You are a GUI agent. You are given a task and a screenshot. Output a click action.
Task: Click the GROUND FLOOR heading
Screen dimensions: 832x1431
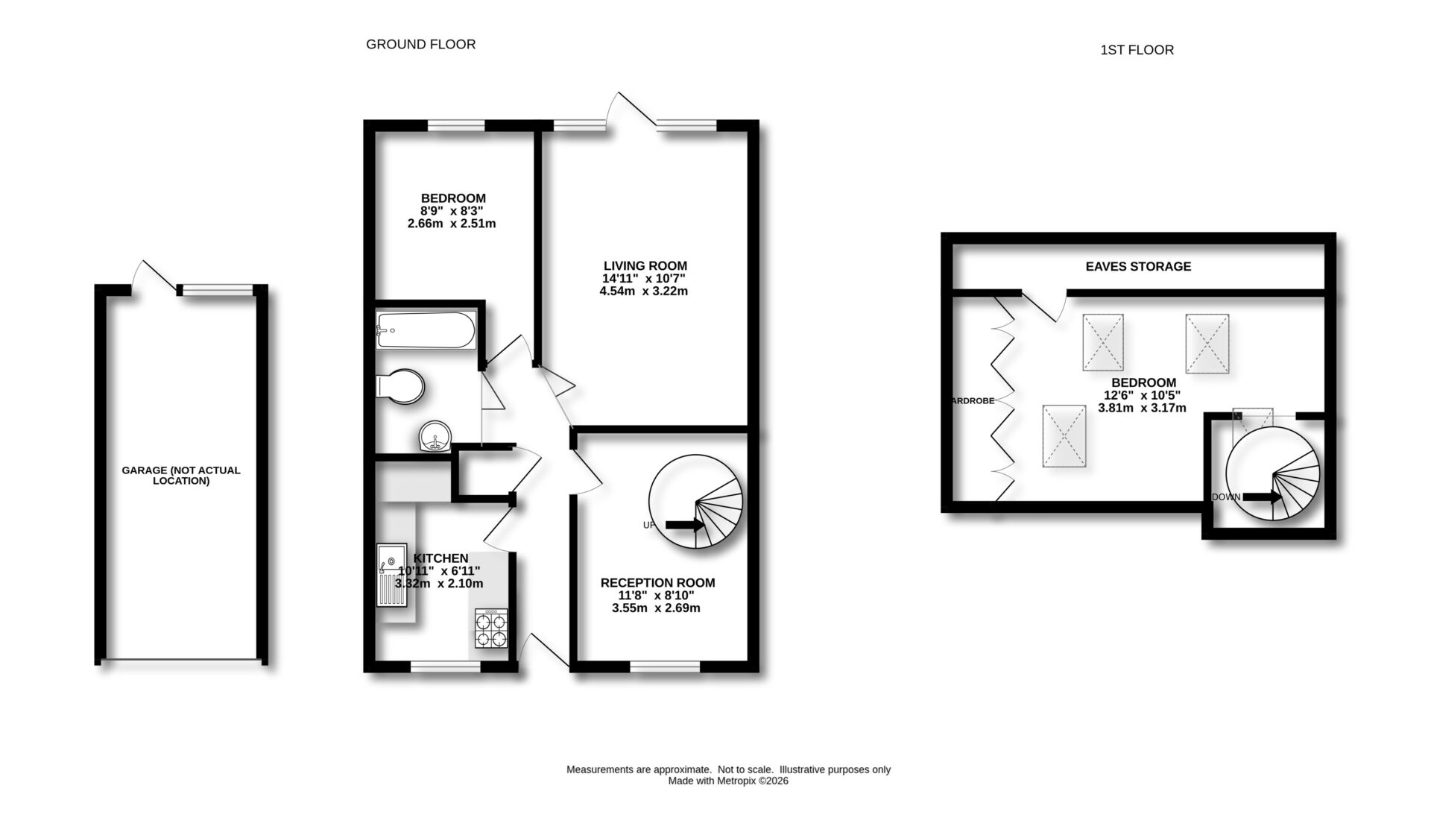tap(420, 45)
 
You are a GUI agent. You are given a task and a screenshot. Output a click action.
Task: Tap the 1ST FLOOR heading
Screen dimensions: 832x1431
tap(1137, 50)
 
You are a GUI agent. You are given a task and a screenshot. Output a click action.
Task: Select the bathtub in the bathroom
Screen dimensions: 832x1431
tap(426, 331)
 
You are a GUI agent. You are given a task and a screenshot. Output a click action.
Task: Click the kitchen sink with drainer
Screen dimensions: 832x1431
tap(391, 582)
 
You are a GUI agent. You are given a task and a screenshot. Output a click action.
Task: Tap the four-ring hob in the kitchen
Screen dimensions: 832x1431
tap(491, 628)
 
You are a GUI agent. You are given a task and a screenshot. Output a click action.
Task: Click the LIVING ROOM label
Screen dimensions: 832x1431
tap(645, 266)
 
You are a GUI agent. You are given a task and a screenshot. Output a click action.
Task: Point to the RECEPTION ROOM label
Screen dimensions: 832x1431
tap(657, 583)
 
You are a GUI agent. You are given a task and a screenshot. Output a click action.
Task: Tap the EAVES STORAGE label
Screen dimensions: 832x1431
tap(1138, 266)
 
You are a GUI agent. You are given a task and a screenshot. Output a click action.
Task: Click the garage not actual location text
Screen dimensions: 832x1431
tap(181, 476)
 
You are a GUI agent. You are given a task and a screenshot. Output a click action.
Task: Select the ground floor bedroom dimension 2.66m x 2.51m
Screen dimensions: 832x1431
tap(452, 224)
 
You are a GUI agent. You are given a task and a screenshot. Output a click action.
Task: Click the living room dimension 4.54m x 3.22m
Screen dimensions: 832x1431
tap(643, 291)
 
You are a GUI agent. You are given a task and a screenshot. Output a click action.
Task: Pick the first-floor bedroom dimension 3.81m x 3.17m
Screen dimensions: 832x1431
tap(1142, 408)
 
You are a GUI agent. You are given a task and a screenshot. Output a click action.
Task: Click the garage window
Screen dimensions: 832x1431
tap(218, 290)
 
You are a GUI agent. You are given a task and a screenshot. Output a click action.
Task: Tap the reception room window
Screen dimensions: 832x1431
tap(665, 666)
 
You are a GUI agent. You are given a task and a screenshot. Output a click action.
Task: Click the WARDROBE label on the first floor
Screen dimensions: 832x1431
tap(973, 400)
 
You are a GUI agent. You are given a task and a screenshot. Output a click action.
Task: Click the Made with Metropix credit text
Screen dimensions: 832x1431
tap(727, 781)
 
